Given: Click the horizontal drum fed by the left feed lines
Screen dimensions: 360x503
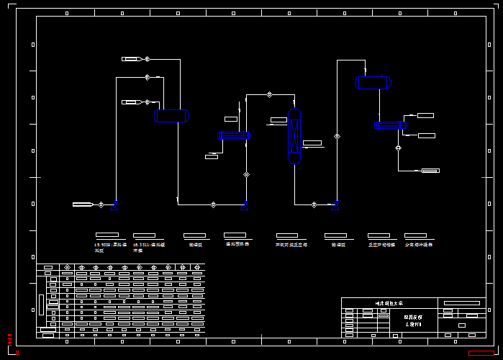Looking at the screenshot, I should point(171,115).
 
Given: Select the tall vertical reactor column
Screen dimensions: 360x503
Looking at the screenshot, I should point(294,136).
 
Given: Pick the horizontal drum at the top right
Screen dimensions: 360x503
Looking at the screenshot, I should point(373,83).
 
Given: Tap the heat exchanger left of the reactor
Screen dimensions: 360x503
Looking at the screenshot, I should point(233,135).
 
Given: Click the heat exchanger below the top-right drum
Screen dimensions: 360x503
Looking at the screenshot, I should point(390,125).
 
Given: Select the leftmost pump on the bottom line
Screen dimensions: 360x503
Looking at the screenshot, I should point(115,204).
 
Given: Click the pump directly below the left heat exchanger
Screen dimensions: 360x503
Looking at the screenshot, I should point(246,204).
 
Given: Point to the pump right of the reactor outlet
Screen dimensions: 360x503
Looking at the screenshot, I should point(336,204).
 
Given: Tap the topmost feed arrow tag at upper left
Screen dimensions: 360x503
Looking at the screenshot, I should point(130,59).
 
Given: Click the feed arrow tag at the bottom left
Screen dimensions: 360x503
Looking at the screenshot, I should point(82,204).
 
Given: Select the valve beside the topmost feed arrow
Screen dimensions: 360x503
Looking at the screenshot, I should point(147,59).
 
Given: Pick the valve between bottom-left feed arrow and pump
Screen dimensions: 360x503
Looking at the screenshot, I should point(101,204).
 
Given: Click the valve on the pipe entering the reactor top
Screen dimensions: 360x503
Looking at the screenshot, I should point(269,94).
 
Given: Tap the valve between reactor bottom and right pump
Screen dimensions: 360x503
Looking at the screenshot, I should point(314,204).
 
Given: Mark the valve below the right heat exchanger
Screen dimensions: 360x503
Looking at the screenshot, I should point(398,148).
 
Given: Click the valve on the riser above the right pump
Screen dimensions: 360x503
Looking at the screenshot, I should point(337,136).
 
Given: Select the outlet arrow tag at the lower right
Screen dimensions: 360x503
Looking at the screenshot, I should point(430,171).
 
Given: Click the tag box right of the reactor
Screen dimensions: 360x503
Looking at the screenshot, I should point(312,143).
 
